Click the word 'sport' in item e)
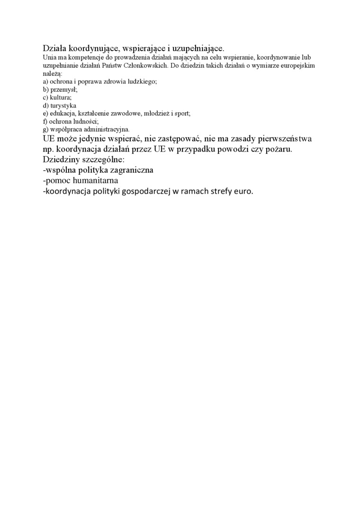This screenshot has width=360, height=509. [181, 113]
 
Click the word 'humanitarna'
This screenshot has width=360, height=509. [93, 181]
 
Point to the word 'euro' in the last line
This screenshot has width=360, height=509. [243, 192]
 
